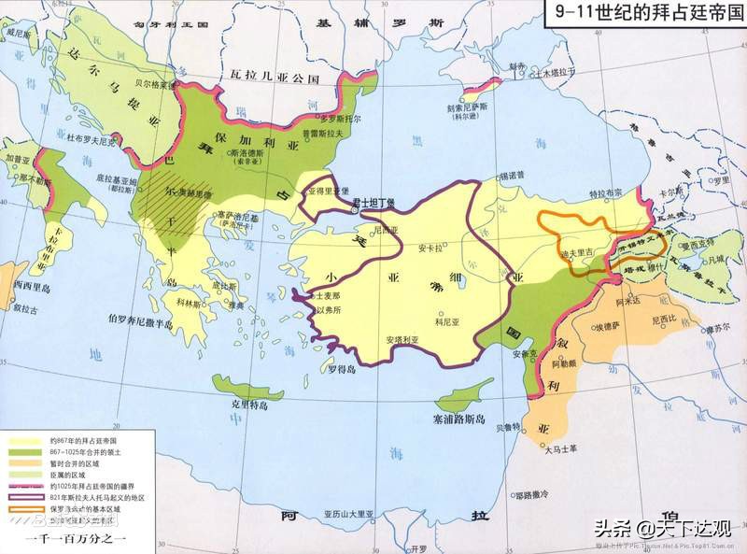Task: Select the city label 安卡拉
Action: coord(430,249)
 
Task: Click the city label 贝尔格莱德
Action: coord(150,83)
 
